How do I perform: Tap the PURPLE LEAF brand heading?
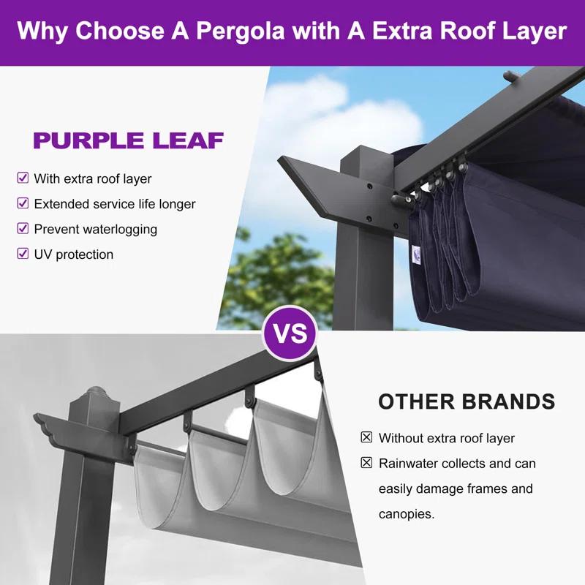129,140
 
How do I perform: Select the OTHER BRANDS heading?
467,401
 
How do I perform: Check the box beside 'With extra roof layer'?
23,178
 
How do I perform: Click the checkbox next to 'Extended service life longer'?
23,203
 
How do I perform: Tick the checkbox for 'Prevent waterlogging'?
23,228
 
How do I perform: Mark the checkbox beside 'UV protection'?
23,254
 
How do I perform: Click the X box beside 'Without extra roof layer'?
366,437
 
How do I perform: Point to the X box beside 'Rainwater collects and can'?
366,463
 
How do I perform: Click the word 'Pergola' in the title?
241,31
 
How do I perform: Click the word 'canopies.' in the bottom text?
407,515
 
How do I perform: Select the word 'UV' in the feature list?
43,254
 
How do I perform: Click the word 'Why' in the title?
42,31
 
